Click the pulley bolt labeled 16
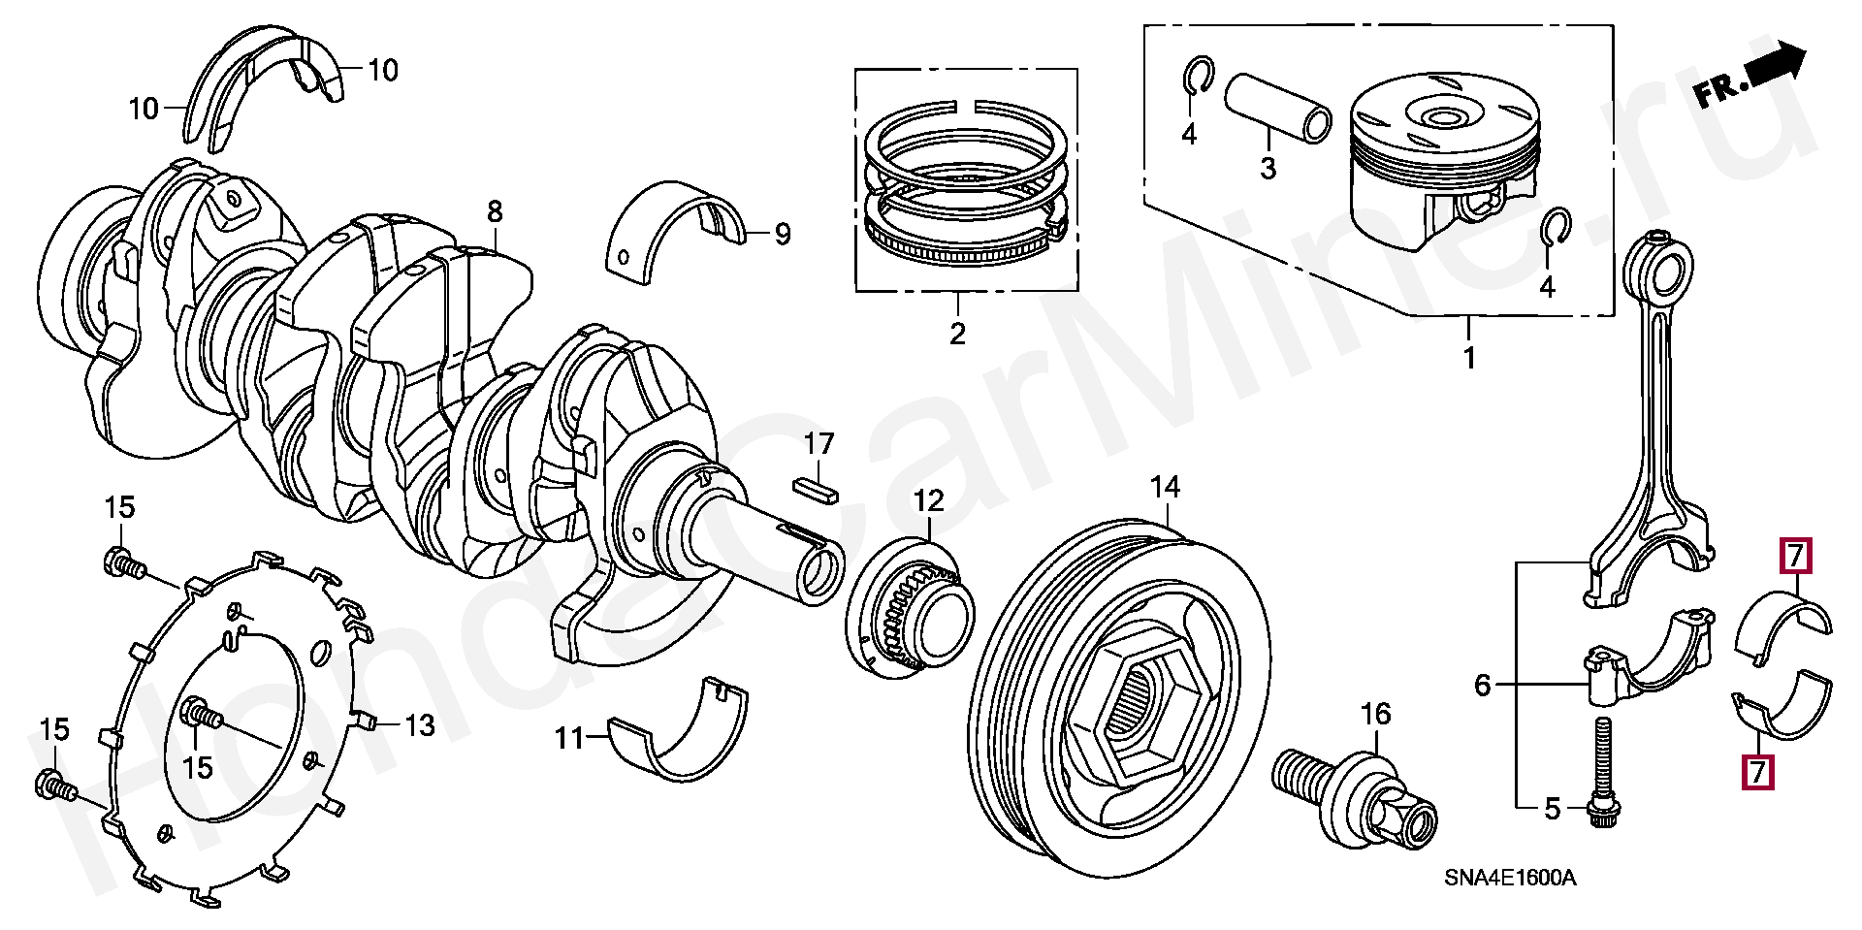pos(1356,798)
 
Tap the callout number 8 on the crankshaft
pos(495,210)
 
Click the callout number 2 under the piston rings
pos(957,335)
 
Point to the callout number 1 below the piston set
pos(1468,358)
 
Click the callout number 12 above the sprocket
pos(928,501)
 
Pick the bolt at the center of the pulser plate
pos(201,715)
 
